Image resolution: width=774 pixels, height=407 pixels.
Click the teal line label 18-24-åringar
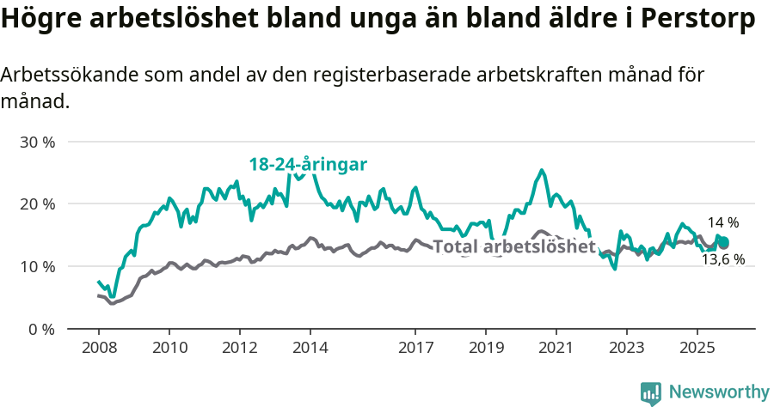309,164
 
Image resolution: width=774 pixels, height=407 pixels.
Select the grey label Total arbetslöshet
514,247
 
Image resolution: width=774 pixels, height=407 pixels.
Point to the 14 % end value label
723,223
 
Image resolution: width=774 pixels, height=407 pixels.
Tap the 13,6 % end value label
723,259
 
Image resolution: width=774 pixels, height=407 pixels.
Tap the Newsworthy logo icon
651,393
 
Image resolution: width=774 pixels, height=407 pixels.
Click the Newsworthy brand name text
719,392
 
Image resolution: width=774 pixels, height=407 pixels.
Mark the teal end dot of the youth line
724,241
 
